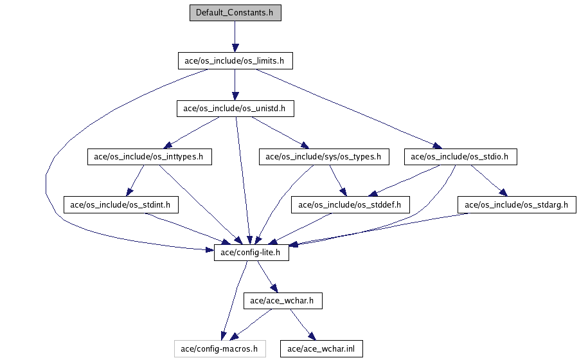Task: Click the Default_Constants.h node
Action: (235, 13)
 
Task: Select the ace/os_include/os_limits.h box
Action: (235, 61)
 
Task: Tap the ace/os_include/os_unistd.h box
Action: (235, 109)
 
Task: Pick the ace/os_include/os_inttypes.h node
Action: (149, 156)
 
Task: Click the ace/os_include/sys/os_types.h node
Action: (323, 156)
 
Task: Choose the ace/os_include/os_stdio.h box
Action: (461, 156)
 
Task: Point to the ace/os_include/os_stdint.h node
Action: (121, 205)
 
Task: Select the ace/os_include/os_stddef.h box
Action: (350, 205)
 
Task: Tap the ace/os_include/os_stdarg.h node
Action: (517, 205)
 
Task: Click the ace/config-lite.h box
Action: (251, 253)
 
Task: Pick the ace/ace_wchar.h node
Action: (283, 300)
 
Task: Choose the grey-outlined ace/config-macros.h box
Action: (219, 349)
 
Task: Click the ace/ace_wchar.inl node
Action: (321, 349)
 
